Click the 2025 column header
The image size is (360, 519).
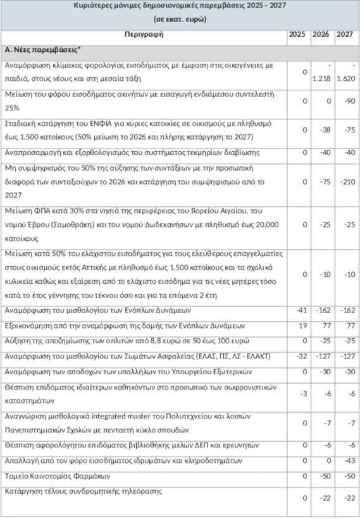[296, 34]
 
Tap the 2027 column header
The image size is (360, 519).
[345, 34]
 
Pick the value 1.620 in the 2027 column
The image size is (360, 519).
[345, 78]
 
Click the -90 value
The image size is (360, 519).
[345, 100]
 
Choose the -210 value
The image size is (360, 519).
[345, 181]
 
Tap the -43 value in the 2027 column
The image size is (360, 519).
[345, 461]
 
